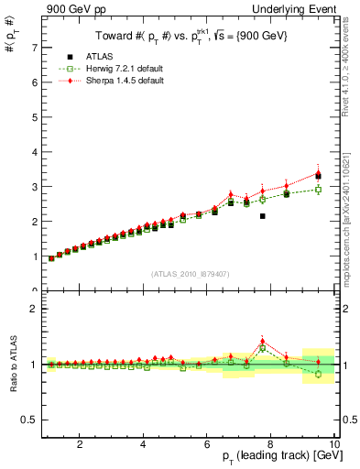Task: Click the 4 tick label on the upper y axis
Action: [x=33, y=152]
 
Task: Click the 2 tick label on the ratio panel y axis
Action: [x=33, y=309]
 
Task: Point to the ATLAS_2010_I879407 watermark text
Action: [x=190, y=272]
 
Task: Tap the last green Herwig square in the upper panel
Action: [x=318, y=190]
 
